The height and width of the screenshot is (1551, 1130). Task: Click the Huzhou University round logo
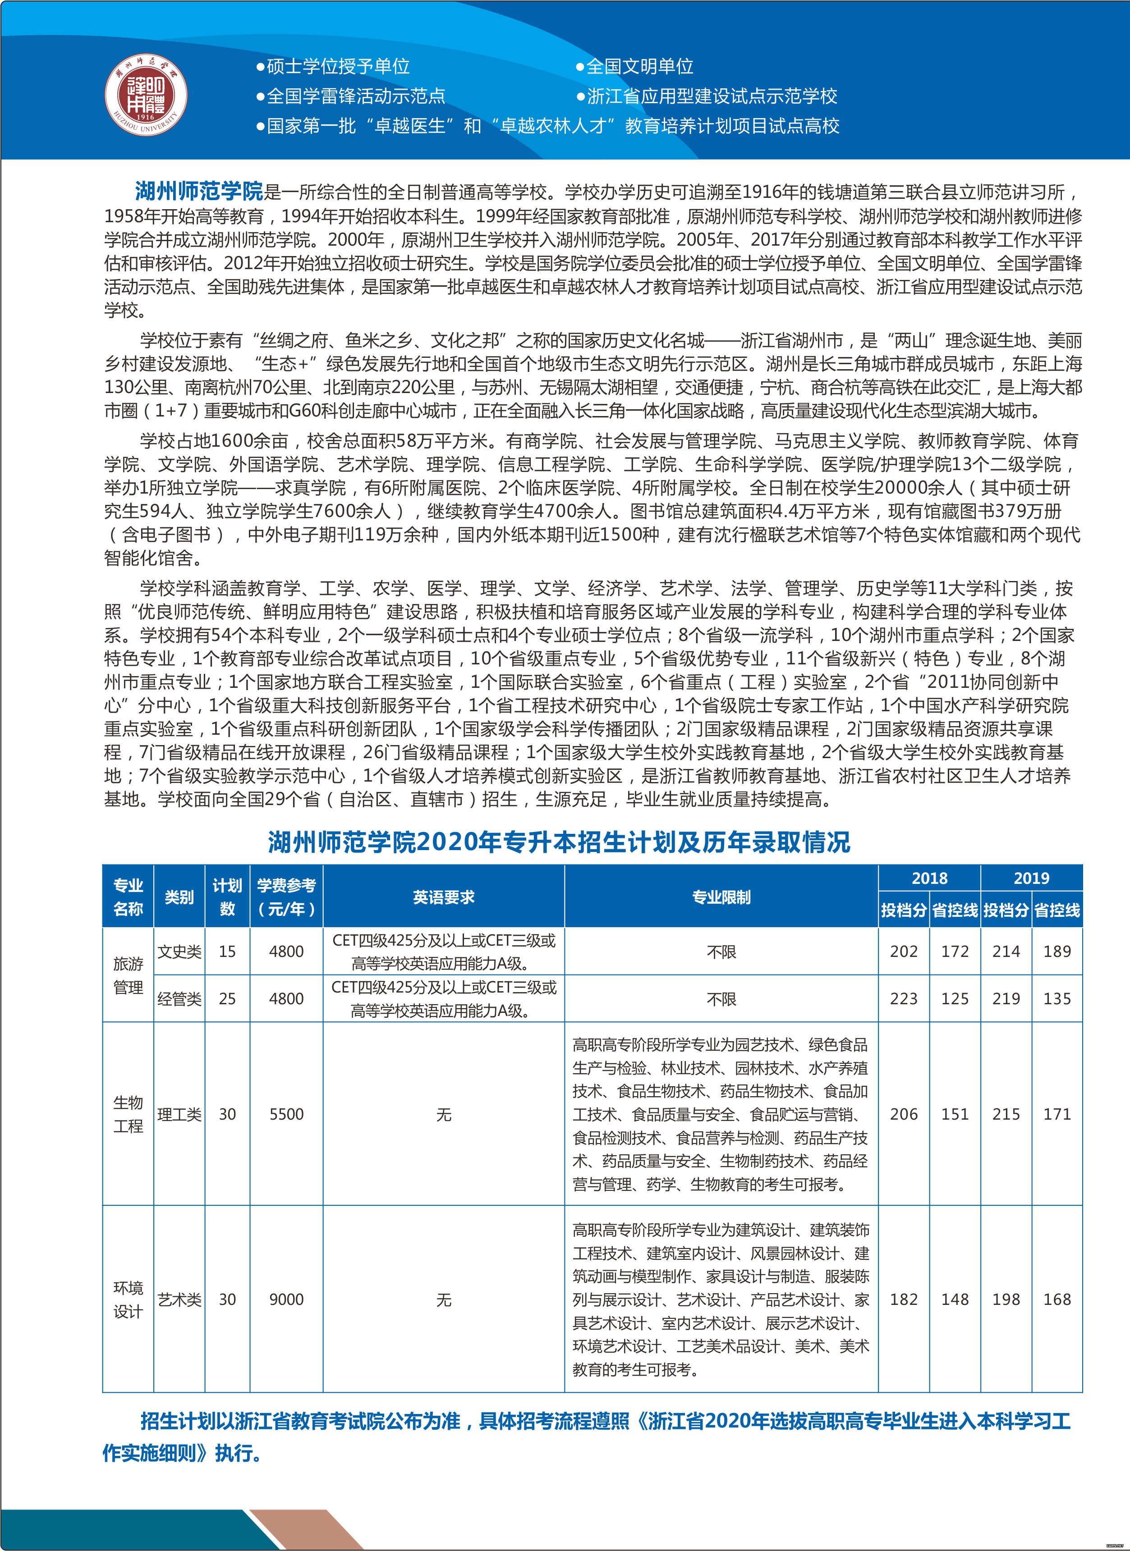coord(146,95)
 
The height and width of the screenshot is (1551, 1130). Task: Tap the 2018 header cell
coord(929,878)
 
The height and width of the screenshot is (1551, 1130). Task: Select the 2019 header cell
coord(1031,878)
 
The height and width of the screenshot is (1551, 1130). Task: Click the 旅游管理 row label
coord(128,975)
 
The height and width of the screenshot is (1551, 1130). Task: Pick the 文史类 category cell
coord(179,951)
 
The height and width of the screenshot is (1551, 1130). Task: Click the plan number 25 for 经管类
coord(227,998)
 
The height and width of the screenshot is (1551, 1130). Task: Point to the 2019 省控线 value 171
coord(1057,1114)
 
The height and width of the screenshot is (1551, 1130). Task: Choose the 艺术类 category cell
coord(179,1299)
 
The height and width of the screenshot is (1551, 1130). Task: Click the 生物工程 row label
coord(128,1114)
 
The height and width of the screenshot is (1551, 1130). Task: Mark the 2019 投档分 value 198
coord(1006,1299)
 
